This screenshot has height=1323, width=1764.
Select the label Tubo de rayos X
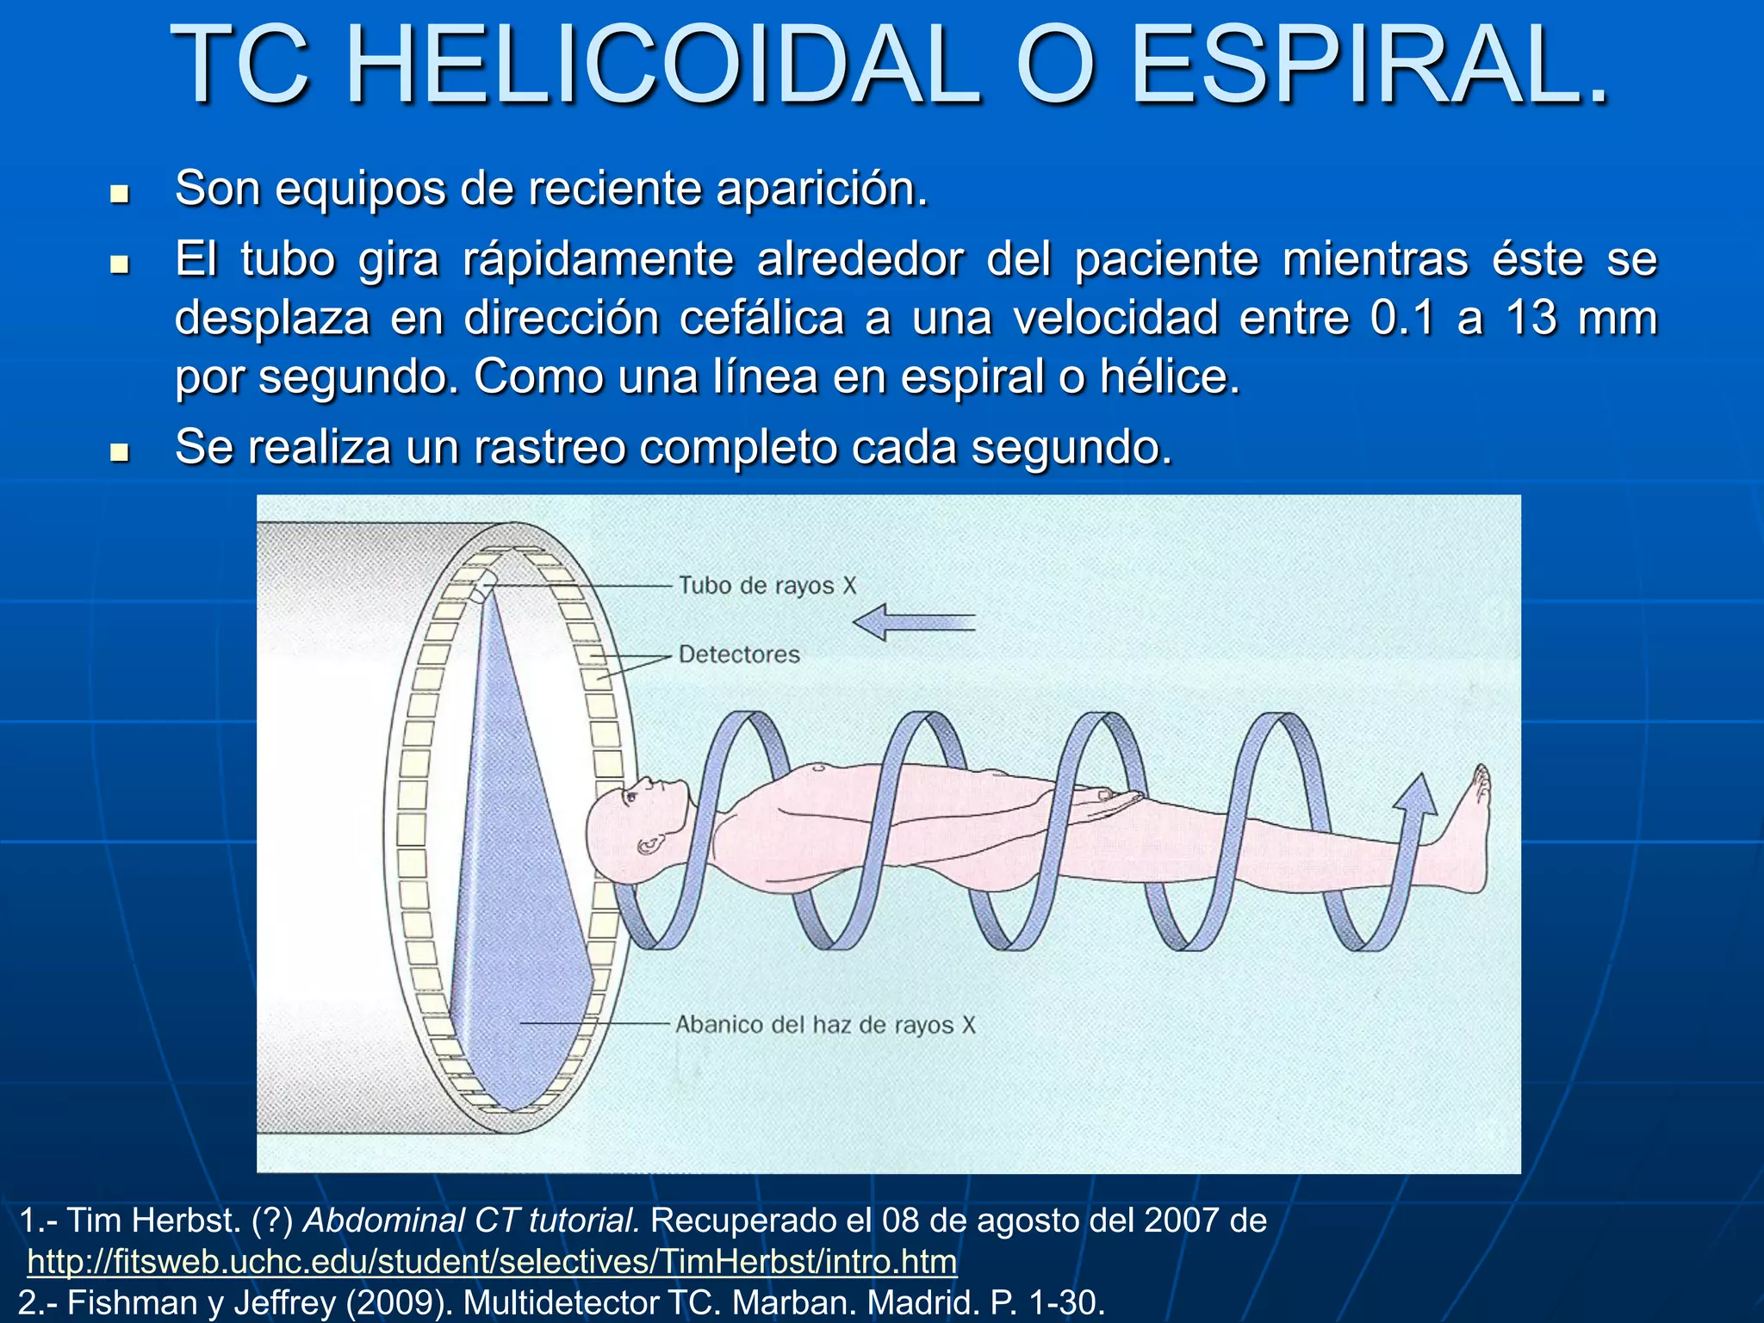click(767, 586)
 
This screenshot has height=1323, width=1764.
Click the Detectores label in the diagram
click(739, 655)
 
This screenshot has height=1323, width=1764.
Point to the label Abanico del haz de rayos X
click(825, 1025)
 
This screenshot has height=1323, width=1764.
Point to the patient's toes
click(1481, 780)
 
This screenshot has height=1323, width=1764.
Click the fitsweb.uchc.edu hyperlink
click(491, 1262)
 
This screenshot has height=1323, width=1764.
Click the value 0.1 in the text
click(1402, 317)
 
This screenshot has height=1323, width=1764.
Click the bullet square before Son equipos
click(120, 193)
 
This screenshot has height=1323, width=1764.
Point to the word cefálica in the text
click(761, 317)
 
